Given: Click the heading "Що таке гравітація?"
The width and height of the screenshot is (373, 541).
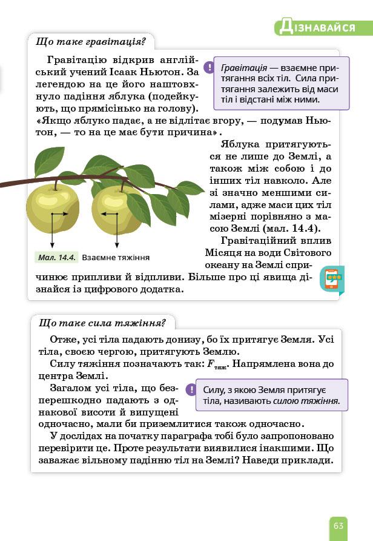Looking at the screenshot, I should click(x=91, y=42).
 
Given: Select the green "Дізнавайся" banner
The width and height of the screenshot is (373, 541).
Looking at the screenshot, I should click(x=323, y=27).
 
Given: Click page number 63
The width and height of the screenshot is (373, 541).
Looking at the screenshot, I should click(x=338, y=525).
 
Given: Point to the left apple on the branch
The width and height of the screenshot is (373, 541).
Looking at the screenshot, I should click(x=53, y=209).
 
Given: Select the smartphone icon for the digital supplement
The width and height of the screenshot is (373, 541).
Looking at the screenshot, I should click(x=332, y=280).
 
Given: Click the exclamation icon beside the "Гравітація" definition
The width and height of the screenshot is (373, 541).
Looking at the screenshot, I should click(x=208, y=67).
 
